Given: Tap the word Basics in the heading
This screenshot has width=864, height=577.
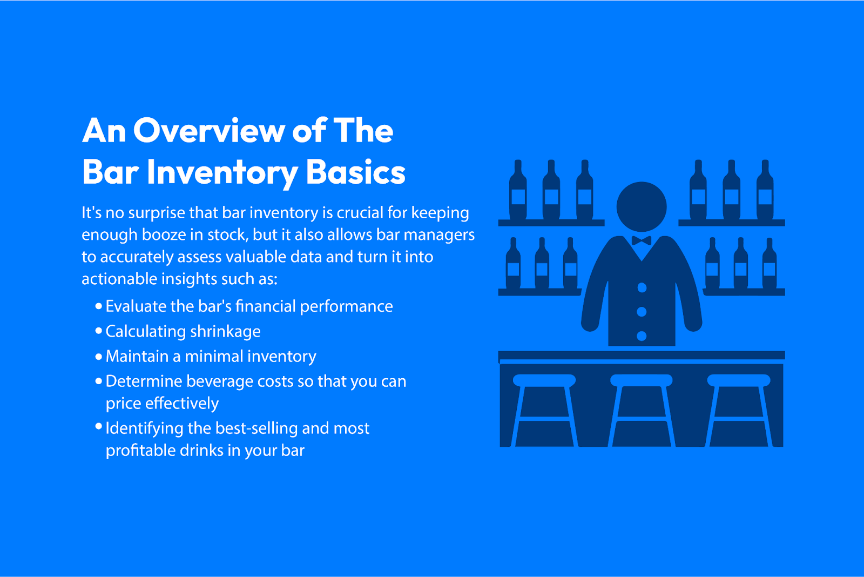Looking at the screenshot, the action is (x=355, y=172).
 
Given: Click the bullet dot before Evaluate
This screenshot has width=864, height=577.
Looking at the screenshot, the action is (x=99, y=306).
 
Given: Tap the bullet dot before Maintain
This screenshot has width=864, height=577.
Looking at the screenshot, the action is (x=99, y=356).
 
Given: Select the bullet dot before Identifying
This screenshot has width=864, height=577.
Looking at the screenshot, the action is (x=99, y=426).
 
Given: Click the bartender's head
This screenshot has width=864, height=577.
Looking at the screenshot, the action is (x=642, y=206).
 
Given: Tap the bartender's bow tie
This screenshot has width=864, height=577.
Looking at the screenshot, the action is (x=642, y=241).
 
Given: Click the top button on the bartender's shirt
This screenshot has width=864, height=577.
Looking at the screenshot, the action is (x=642, y=287).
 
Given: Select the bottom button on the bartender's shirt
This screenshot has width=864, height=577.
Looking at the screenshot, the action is (x=642, y=336).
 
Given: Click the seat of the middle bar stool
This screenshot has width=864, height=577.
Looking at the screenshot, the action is (x=642, y=380).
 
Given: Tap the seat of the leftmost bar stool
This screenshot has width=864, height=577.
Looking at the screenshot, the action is (x=544, y=380).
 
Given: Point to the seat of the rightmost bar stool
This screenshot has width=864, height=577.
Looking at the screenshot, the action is (x=739, y=380).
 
